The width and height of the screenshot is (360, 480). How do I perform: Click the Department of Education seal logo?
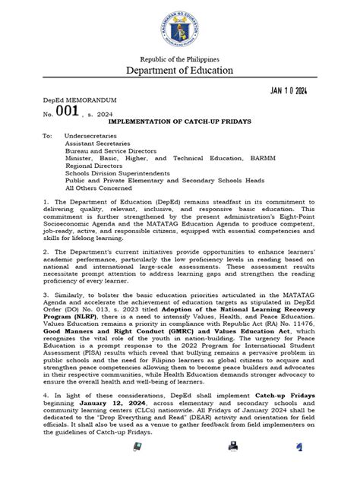(x=180, y=27)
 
